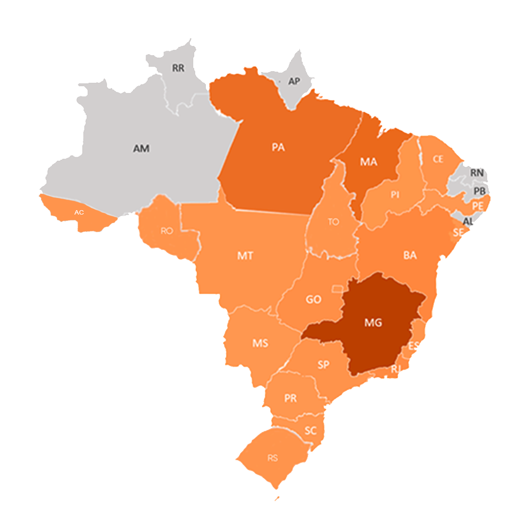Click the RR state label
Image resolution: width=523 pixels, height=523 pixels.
[x=178, y=68]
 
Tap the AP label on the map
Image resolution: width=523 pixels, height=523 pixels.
[x=294, y=81]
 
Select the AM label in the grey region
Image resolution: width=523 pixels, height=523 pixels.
[x=141, y=149]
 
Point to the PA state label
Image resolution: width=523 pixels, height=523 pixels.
[x=278, y=148]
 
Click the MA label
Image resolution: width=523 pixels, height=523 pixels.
[x=369, y=162]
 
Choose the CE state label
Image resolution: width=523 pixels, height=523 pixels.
[x=438, y=159]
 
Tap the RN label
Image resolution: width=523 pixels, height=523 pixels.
[x=477, y=172]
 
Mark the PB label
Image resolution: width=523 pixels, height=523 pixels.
[x=479, y=191]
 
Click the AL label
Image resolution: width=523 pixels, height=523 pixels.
[x=468, y=221]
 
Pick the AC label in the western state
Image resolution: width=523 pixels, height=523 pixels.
[x=79, y=213]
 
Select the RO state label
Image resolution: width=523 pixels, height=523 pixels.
[x=167, y=231]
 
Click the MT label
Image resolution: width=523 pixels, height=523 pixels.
[x=245, y=256]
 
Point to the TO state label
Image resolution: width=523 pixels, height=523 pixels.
[x=333, y=222]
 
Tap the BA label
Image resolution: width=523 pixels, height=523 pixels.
[x=410, y=255]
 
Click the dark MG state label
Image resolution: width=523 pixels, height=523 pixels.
[x=373, y=323]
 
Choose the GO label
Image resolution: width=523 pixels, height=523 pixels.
[x=313, y=300]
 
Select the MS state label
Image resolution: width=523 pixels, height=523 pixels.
[x=260, y=343]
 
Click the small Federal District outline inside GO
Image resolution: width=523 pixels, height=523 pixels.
[x=337, y=289]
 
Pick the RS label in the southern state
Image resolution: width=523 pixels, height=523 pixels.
[x=273, y=458]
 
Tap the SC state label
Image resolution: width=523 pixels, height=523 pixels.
[x=310, y=431]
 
